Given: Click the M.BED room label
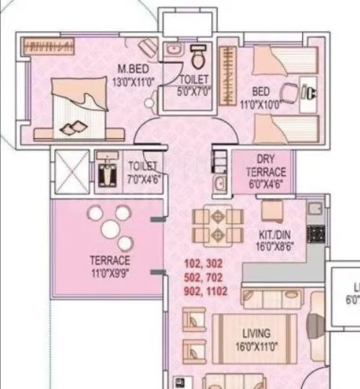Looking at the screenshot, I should [x=132, y=70].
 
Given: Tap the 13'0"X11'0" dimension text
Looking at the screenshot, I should [x=132, y=82].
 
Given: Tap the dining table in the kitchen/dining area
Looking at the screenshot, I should [x=215, y=225].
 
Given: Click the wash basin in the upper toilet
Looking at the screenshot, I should [x=173, y=50].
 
